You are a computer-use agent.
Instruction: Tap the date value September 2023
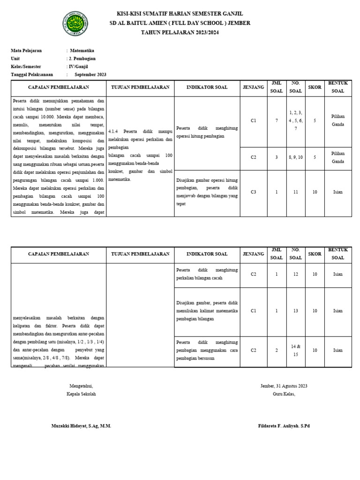point(90,75)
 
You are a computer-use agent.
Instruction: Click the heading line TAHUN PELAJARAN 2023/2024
point(180,32)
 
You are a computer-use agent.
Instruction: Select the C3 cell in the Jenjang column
point(254,192)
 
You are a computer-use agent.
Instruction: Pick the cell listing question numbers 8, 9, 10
point(295,157)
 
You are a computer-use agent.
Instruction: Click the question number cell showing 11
point(295,192)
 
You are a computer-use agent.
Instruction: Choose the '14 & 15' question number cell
point(295,350)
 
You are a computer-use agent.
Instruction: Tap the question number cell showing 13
point(295,311)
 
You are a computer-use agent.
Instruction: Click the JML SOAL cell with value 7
point(277,120)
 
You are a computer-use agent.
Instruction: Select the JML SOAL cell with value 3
point(277,157)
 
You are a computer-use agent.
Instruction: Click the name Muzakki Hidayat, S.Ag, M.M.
point(81,426)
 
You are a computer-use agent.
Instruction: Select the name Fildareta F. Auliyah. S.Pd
point(284,426)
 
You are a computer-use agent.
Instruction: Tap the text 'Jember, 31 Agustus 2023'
point(284,386)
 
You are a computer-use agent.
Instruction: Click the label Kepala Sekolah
point(81,394)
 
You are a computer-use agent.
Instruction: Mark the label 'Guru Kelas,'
point(284,394)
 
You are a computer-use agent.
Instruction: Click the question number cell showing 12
point(295,274)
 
